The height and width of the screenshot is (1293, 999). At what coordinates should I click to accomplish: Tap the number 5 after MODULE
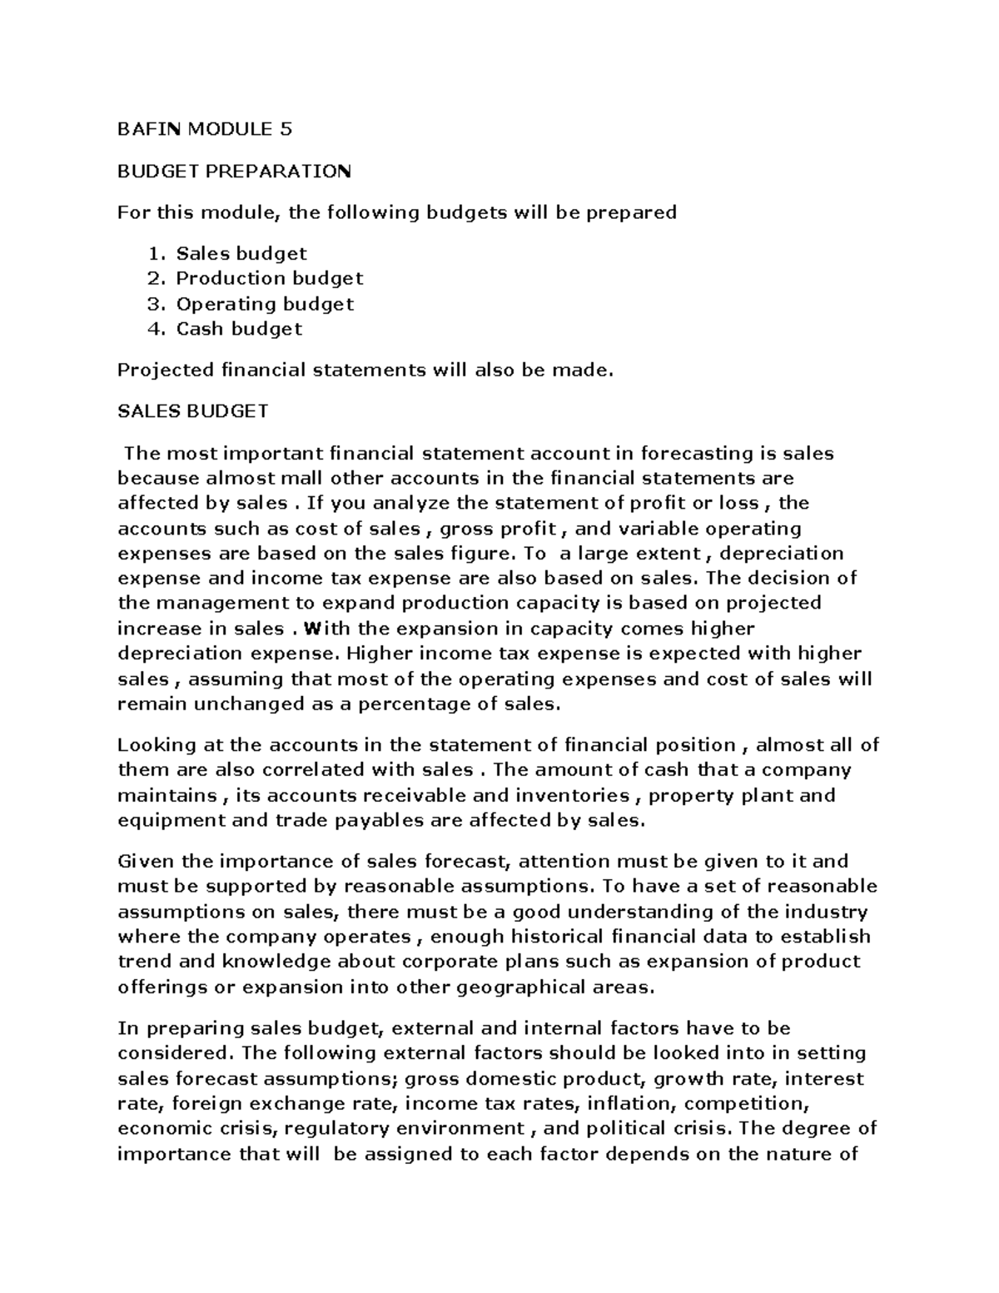pyautogui.click(x=286, y=129)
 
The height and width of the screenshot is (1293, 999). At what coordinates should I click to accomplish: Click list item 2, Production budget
pyautogui.click(x=269, y=278)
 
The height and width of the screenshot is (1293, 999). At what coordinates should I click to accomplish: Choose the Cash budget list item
pyautogui.click(x=238, y=328)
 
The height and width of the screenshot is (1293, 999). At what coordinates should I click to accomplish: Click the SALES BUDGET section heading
pyautogui.click(x=192, y=411)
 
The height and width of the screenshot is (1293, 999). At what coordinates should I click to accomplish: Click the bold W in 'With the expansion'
pyautogui.click(x=311, y=628)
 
